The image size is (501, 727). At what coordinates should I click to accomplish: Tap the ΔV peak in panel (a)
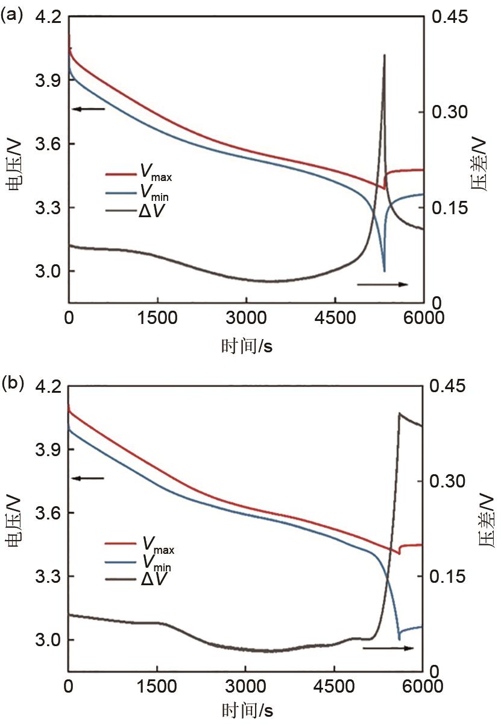pyautogui.click(x=384, y=55)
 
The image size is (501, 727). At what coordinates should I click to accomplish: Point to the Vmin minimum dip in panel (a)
pyautogui.click(x=384, y=271)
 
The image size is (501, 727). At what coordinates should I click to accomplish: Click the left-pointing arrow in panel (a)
pyautogui.click(x=88, y=109)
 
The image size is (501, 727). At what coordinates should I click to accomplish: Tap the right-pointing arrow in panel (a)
pyautogui.click(x=382, y=284)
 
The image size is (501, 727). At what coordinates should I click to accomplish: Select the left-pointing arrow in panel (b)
pyautogui.click(x=88, y=478)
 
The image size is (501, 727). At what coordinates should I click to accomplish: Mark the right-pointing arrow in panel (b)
pyautogui.click(x=388, y=649)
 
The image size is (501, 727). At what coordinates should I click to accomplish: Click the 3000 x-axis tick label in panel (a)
pyautogui.click(x=246, y=318)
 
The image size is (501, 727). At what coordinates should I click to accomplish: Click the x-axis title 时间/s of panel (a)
pyautogui.click(x=246, y=346)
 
